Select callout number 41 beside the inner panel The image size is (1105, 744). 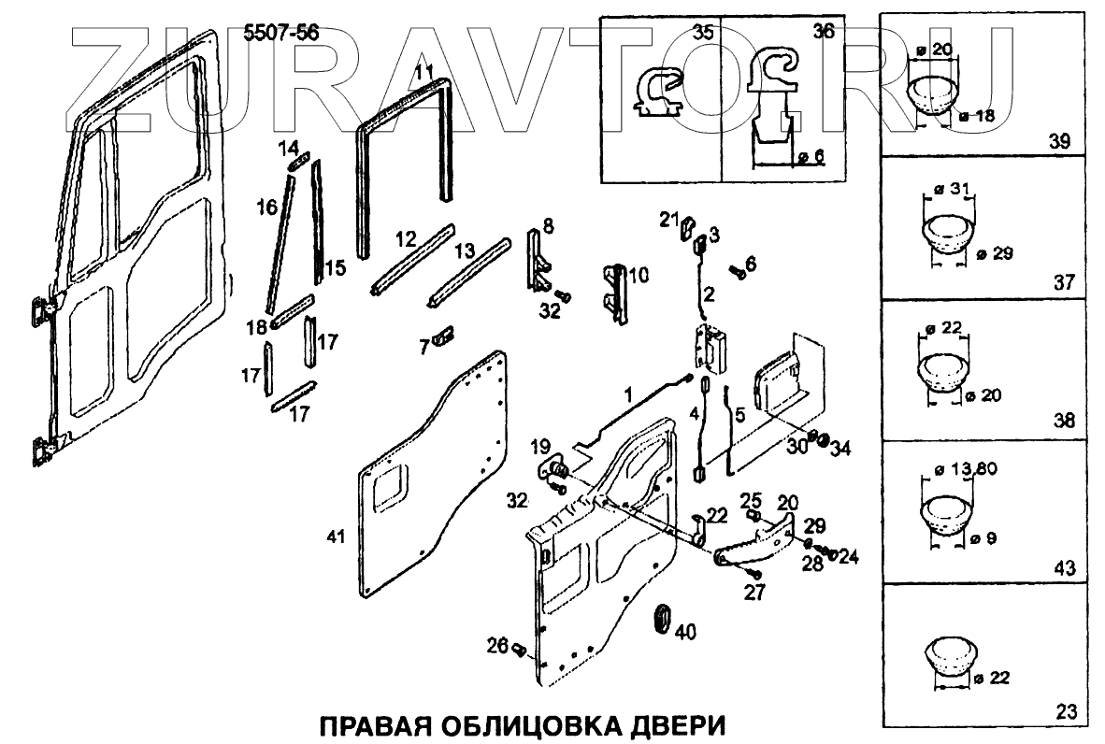(x=337, y=537)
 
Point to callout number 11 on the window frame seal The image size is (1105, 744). (x=423, y=71)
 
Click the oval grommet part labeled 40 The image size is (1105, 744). (x=660, y=620)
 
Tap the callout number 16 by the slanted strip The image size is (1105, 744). (x=267, y=207)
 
